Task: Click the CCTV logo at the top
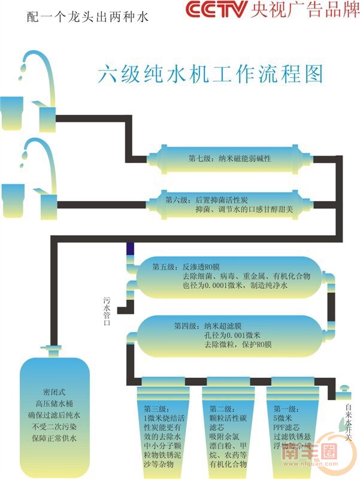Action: coord(215,10)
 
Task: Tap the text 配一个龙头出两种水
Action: coord(88,17)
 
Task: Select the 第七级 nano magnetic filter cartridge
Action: coord(231,159)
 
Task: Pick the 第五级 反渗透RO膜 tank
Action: coord(231,277)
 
